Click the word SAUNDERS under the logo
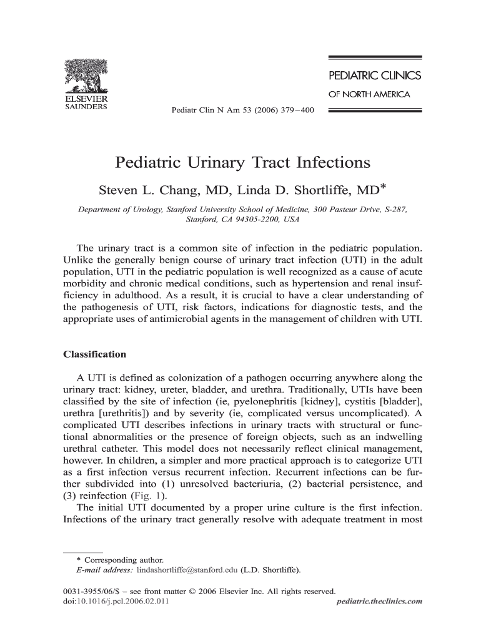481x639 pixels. [x=86, y=106]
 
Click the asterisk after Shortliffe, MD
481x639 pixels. [x=383, y=186]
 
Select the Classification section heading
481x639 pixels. [x=95, y=354]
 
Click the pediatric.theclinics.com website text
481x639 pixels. [x=379, y=602]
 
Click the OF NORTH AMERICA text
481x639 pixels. [x=369, y=95]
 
